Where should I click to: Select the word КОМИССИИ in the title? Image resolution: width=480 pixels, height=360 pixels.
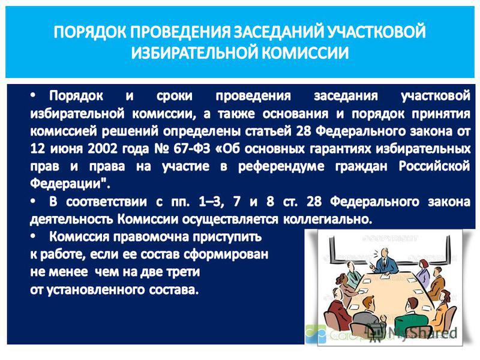tap(305, 52)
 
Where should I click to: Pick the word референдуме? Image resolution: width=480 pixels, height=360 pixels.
tap(281, 167)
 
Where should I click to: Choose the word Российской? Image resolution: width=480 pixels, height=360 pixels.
tap(434, 166)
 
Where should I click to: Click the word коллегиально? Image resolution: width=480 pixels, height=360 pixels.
tap(328, 220)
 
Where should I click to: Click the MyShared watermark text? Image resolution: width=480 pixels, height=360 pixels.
tap(422, 333)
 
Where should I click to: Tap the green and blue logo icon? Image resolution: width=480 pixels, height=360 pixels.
tap(316, 334)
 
